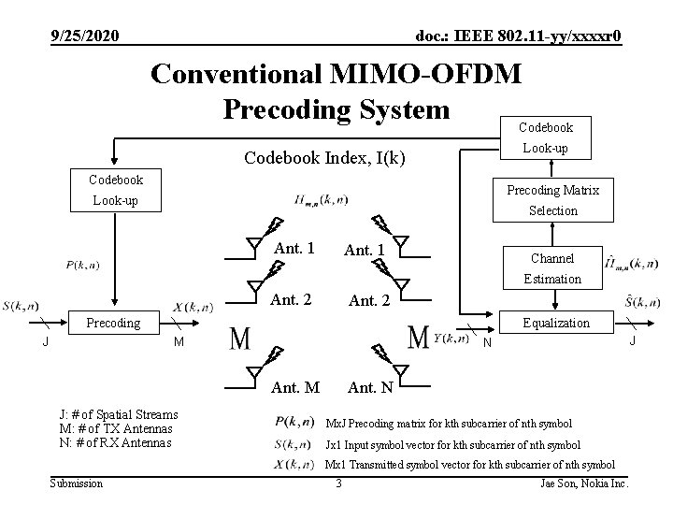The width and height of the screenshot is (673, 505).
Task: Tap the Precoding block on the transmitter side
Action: point(113,324)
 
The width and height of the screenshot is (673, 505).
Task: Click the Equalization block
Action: point(556,324)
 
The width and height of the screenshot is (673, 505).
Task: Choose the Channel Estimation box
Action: point(551,267)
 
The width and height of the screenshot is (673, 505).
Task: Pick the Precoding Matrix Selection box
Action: point(553,200)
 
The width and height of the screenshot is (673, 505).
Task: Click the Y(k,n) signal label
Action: point(451,338)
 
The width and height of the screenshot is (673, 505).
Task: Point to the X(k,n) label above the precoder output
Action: point(193,307)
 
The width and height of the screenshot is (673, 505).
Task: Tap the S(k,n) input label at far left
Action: point(21,305)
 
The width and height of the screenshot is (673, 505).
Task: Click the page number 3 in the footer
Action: point(338,483)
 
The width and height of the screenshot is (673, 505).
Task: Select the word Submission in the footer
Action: point(77,483)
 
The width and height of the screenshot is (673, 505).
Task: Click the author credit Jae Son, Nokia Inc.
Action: point(585,483)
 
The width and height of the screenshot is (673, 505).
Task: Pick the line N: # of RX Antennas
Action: point(115,442)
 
